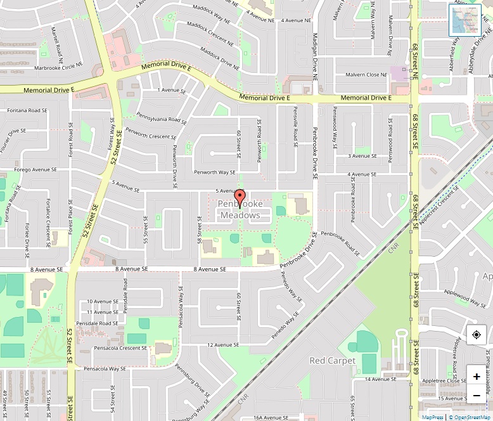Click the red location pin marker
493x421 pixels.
tap(240, 197)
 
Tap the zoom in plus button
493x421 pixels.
tap(477, 376)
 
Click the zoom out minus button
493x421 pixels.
tap(477, 396)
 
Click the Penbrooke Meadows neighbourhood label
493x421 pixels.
tap(240, 210)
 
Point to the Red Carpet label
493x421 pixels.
tap(333, 360)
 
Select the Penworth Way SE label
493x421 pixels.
tap(215, 172)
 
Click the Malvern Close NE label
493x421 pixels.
tap(366, 75)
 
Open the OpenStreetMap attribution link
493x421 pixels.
tap(470, 417)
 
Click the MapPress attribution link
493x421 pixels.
tap(433, 417)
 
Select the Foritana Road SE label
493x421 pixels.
tap(27, 110)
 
